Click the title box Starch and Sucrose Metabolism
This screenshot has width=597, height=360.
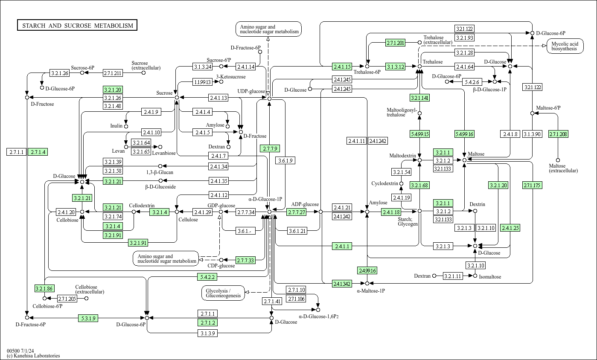pos(77,25)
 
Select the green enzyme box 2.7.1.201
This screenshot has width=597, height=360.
pos(395,43)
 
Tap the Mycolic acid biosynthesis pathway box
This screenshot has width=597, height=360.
pos(565,46)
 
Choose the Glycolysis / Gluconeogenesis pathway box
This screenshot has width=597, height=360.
pos(223,293)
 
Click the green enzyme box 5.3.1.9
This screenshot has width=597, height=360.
pos(88,318)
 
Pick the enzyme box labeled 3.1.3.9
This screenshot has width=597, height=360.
pos(208,333)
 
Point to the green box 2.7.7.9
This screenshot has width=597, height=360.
pos(270,148)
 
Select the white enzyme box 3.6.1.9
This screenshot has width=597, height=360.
pos(285,160)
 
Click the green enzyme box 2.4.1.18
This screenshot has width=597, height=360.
pos(391,212)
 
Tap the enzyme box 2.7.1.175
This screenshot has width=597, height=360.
pos(532,185)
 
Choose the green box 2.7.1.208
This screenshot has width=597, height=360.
pos(558,134)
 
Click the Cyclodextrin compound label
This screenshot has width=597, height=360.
pos(384,183)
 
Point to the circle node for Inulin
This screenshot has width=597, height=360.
pos(126,126)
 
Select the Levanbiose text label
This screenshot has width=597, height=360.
pos(164,153)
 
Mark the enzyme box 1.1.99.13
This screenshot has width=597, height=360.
pos(203,82)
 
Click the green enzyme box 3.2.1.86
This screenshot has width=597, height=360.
pos(44,288)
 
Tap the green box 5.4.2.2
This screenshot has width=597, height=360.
pos(207,277)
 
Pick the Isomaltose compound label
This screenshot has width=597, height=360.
pos(490,276)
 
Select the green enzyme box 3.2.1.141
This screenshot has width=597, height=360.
pos(419,98)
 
